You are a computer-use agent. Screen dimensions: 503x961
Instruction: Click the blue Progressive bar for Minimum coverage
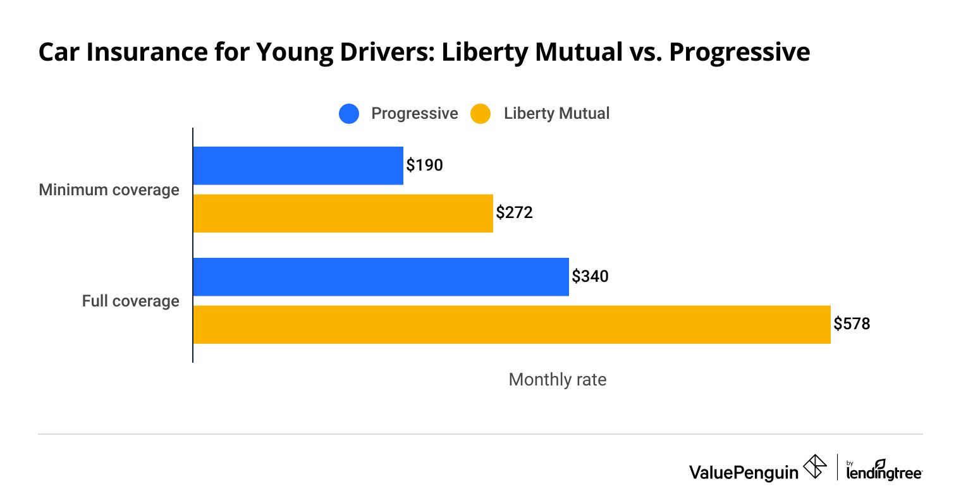tap(298, 166)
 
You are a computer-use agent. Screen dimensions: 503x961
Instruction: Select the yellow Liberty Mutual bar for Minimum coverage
tap(343, 213)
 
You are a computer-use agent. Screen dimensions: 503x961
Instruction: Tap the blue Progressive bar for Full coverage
tap(381, 277)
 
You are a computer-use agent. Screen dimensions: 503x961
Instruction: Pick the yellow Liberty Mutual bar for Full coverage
tap(511, 325)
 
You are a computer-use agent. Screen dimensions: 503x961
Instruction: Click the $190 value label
tap(424, 166)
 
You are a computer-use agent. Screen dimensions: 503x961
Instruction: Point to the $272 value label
tap(514, 213)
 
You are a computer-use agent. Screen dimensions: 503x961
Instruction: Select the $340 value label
tap(590, 277)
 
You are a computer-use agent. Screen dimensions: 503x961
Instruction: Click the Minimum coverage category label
tap(109, 190)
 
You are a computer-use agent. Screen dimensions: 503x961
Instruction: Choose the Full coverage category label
tap(130, 301)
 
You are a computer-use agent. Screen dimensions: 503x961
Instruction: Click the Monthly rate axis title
tap(557, 379)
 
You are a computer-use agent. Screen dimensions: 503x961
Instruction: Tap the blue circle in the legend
tap(349, 114)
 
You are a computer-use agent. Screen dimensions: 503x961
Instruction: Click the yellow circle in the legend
tap(481, 114)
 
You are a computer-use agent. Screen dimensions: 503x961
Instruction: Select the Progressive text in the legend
tap(414, 114)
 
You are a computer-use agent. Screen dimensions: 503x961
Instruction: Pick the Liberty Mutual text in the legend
tap(556, 114)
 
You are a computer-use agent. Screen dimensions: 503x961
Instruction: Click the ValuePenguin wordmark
tap(744, 472)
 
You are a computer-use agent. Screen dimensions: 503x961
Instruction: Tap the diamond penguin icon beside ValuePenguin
tap(815, 468)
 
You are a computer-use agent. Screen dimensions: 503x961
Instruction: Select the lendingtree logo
tap(884, 470)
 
